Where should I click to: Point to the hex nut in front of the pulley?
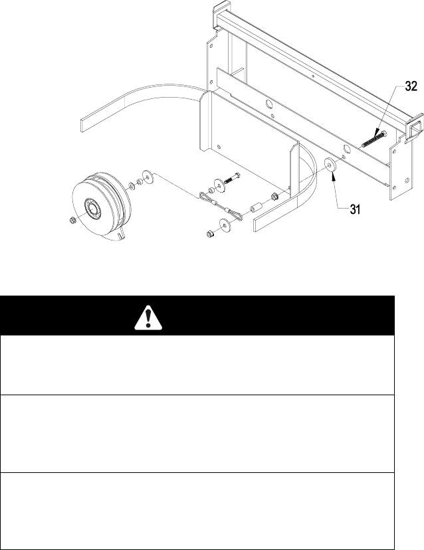73,221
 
